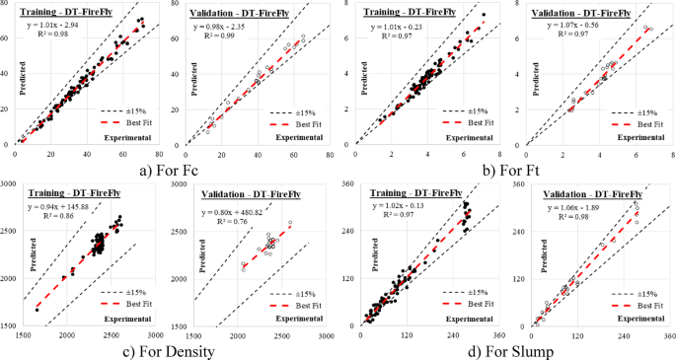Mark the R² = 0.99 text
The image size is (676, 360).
tap(235, 35)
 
